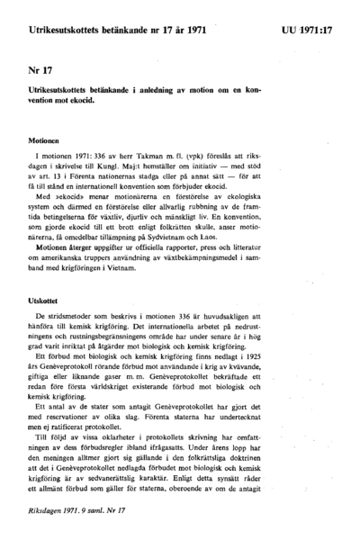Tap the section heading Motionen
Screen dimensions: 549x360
pos(42,140)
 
